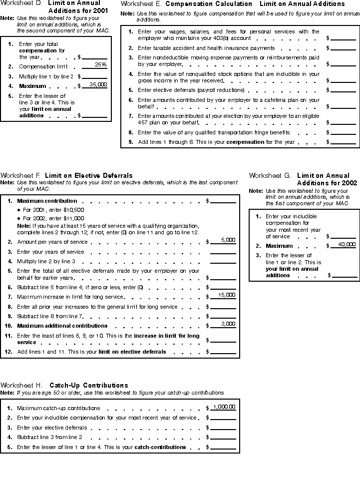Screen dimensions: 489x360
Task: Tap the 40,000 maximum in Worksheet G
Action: tap(347, 245)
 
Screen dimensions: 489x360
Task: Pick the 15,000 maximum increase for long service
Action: tap(226, 295)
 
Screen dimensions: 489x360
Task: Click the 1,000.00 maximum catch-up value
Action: tap(224, 407)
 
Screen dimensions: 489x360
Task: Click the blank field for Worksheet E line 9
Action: tap(343, 142)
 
